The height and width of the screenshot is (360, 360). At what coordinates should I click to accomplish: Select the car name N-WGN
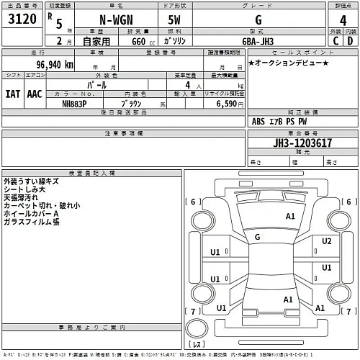(116, 21)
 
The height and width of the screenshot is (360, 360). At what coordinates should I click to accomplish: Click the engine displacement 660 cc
(138, 41)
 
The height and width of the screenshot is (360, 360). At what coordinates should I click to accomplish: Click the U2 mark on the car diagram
(326, 240)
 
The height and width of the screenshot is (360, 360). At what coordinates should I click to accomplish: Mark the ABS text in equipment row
(260, 121)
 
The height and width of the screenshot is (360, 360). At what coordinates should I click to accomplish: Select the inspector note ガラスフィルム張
(31, 222)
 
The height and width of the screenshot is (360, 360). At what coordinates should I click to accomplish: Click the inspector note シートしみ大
(27, 189)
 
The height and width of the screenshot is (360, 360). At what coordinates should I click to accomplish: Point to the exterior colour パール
(99, 85)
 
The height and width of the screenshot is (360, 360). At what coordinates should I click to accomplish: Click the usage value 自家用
(95, 41)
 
